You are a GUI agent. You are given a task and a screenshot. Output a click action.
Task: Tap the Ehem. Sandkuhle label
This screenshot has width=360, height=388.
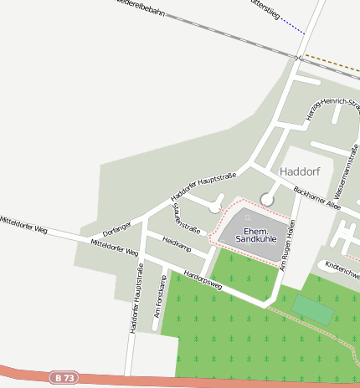point(254,235)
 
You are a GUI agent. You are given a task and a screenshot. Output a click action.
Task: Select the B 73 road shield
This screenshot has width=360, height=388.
point(61,378)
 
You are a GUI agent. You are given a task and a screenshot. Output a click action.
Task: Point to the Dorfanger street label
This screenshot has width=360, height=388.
point(117,226)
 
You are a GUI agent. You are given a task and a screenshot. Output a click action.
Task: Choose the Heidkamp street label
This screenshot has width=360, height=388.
point(177,248)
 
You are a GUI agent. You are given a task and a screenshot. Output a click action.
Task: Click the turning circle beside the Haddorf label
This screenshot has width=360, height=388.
point(267,199)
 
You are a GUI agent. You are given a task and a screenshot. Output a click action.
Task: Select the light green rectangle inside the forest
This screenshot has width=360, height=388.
point(312,309)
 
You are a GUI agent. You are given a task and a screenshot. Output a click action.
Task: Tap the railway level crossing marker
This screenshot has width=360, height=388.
point(298,57)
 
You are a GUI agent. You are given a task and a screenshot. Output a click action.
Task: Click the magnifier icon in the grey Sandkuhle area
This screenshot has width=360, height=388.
point(248,217)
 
